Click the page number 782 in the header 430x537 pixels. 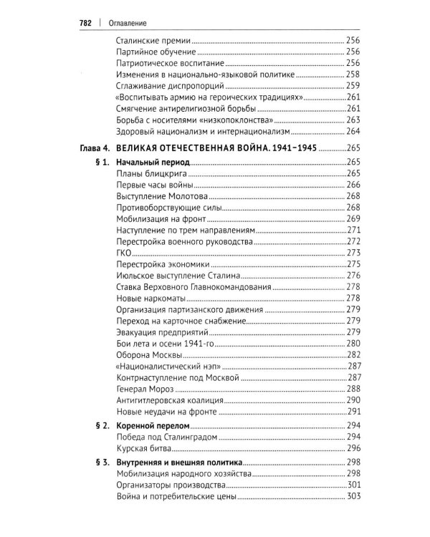click(87, 22)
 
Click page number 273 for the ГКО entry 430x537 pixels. click(353, 252)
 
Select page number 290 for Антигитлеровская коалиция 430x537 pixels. click(353, 400)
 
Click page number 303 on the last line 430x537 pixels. click(353, 496)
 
